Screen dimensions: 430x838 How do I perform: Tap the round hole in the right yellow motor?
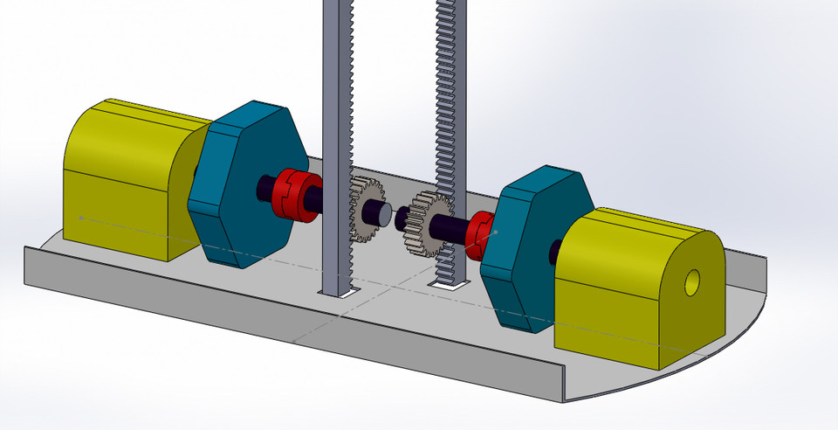(x=692, y=281)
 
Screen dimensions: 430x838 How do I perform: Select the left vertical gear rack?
(x=336, y=131)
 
